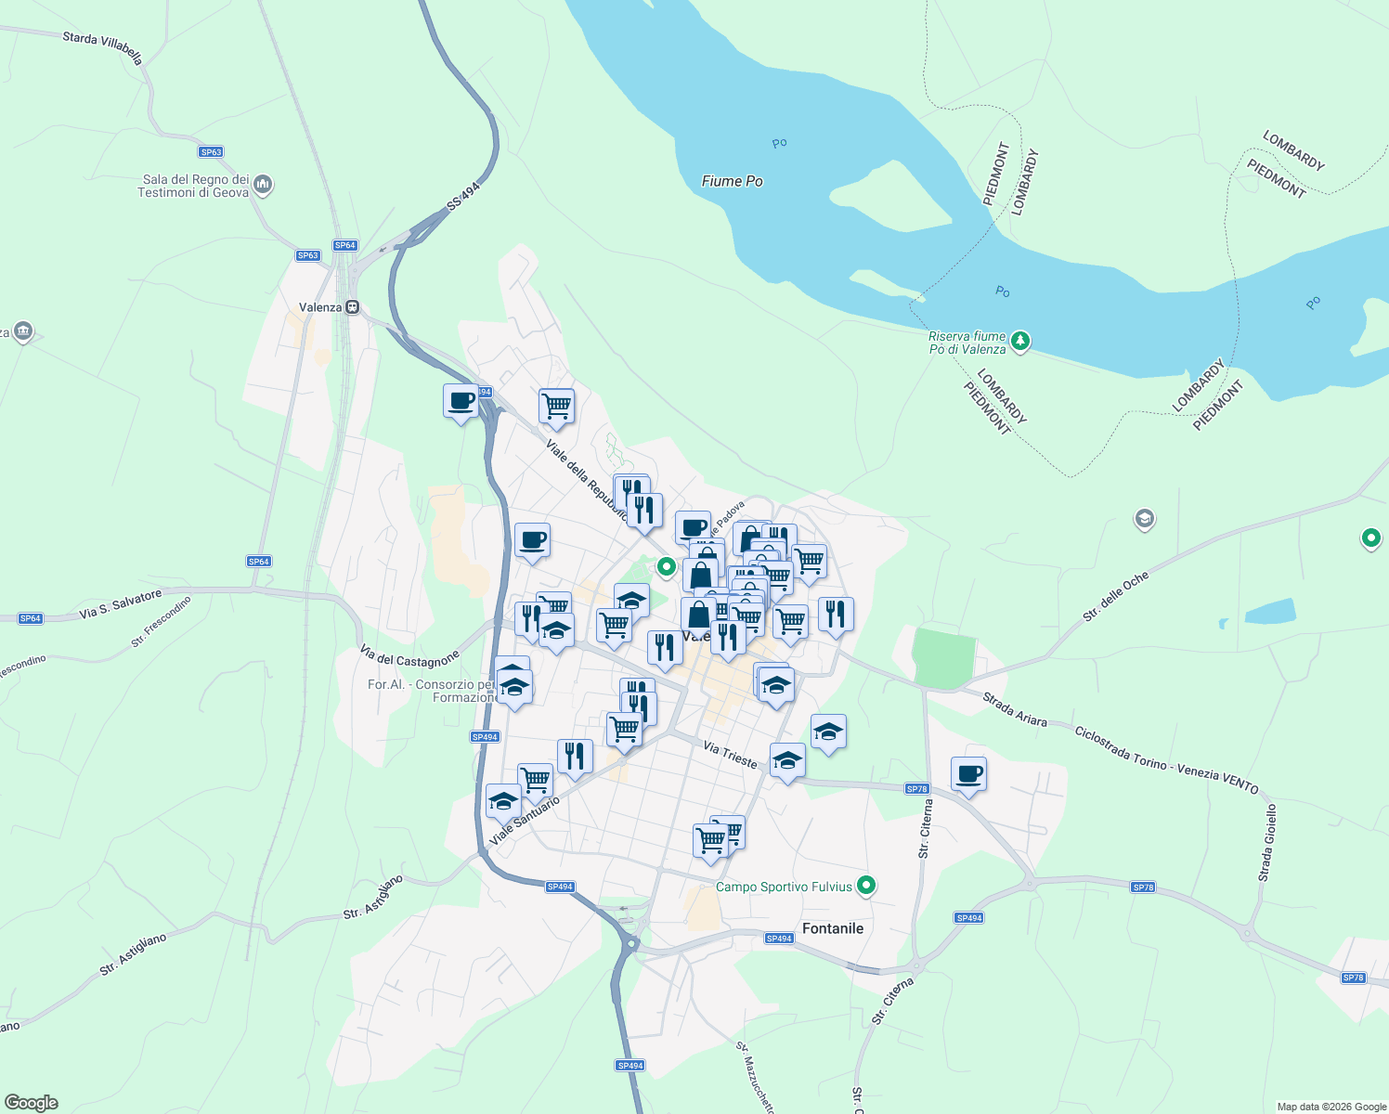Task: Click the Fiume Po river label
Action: point(732,181)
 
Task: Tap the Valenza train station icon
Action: point(352,307)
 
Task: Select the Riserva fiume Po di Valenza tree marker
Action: point(1020,342)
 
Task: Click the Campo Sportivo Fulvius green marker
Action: point(866,886)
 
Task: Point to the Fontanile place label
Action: point(832,928)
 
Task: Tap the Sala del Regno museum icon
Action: point(263,184)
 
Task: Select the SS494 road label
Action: point(463,196)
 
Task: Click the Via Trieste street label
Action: point(730,754)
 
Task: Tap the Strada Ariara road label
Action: point(1015,710)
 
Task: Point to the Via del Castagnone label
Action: point(409,658)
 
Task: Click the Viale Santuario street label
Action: point(525,821)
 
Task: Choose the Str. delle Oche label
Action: point(1115,596)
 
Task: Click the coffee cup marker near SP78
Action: point(968,774)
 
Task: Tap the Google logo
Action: point(32,1103)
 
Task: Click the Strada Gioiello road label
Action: point(1267,843)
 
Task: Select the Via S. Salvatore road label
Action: point(121,603)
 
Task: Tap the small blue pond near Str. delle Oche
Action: point(1269,611)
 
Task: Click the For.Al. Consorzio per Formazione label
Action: point(433,691)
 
